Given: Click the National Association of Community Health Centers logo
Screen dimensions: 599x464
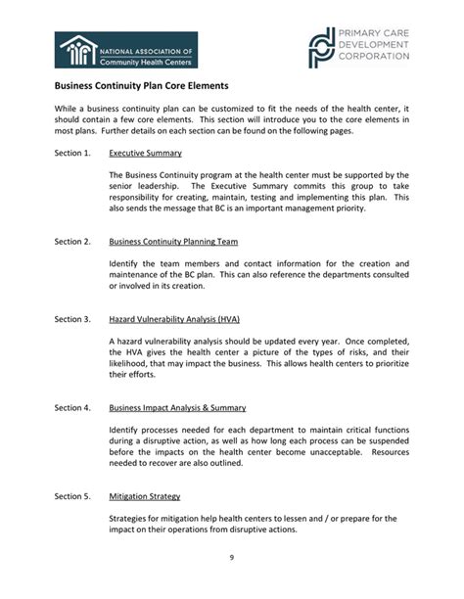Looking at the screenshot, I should [x=126, y=51].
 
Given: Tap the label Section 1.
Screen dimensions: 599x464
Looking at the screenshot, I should [x=72, y=154].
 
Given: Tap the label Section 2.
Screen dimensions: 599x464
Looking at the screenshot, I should [x=72, y=242].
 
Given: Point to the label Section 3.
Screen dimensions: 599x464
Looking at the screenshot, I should [x=72, y=319].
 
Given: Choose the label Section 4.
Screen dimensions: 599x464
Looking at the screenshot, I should [x=72, y=407].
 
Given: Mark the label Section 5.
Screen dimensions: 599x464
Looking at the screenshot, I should [x=72, y=496].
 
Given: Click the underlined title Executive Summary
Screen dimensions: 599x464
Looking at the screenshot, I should [x=145, y=154].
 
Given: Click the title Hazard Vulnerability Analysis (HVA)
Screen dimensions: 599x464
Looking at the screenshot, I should [x=174, y=319].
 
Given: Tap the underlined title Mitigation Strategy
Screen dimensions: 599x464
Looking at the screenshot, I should [x=144, y=496].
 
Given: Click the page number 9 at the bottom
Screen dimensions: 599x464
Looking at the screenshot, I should [x=231, y=558].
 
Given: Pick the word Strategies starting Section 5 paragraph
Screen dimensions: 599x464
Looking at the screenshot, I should [x=130, y=518].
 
